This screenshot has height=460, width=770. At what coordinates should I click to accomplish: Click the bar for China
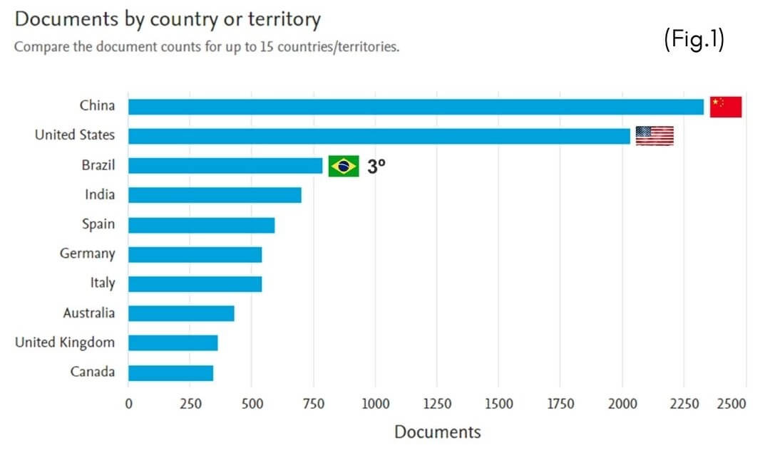point(416,106)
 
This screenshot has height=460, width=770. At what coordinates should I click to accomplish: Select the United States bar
point(379,136)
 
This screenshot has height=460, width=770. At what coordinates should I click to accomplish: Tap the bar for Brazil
point(225,165)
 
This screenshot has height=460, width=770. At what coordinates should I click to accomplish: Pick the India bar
point(215,194)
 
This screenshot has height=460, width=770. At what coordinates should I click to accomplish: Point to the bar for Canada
point(171,372)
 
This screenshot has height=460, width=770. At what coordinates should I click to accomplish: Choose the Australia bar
point(181,313)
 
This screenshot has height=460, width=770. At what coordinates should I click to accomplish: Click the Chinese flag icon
point(726,107)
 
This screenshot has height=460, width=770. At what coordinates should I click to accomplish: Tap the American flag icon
point(654,136)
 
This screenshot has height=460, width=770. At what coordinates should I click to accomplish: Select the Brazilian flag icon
point(344,166)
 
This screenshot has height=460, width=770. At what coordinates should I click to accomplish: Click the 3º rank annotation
point(376,166)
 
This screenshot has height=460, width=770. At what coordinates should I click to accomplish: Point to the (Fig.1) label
point(694,39)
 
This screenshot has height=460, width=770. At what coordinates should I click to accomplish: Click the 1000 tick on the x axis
point(376,404)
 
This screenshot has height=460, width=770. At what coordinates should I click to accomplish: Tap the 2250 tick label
point(684,404)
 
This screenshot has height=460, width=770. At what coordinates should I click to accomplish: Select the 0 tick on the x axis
point(128,404)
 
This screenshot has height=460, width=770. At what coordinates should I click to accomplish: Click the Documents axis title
point(438,432)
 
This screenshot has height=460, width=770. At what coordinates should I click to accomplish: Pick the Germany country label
point(88,253)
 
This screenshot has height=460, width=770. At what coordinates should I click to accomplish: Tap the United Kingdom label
point(65,342)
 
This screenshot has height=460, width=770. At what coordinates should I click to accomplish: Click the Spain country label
point(98,224)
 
